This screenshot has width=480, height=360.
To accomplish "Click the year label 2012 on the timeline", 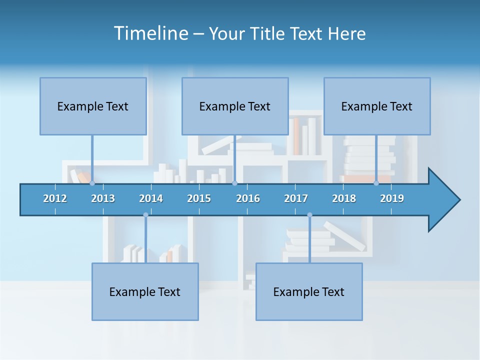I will pos(55,198).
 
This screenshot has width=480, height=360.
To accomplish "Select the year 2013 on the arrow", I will pos(103,198).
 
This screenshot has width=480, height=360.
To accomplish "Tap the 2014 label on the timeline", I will pos(151,198).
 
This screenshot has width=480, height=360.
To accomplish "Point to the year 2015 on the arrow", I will pos(199,198).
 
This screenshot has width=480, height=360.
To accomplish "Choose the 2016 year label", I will pos(248,198).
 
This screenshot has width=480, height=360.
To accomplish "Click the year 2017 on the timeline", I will pos(296,198).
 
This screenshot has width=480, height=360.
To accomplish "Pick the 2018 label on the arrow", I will pos(344,198).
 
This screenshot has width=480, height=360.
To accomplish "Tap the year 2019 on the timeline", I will pos(392,198).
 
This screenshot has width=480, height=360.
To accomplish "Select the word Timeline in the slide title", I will pos(150,33).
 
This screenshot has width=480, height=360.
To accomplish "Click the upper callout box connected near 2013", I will pos(93,106).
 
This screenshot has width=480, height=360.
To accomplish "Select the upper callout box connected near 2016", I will pos(235,106).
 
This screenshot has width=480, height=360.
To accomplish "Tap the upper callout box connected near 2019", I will pos(377,106).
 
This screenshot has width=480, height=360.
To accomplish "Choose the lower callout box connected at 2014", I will pos(145,291).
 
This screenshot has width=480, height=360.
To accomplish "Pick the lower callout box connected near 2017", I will pos(309,291).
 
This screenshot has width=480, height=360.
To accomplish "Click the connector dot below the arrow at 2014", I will pos(145,215).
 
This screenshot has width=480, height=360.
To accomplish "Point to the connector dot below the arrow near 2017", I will pos(309,215).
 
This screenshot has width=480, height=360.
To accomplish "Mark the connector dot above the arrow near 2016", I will pos(234,183).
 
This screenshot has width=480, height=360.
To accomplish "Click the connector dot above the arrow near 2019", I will pos(376,183).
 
